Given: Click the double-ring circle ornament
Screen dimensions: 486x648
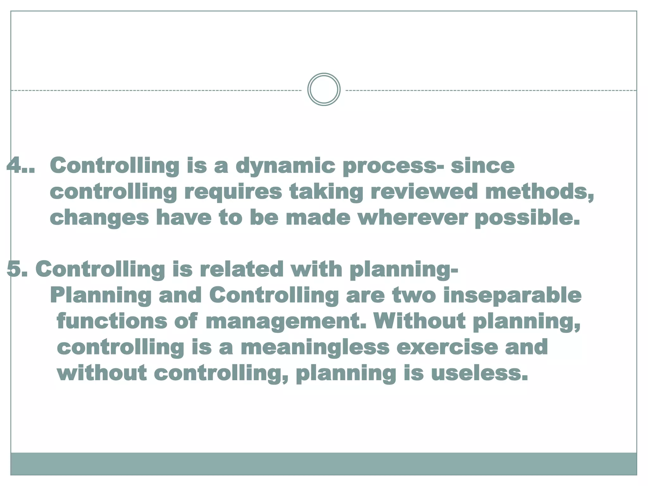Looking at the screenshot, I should click(324, 90).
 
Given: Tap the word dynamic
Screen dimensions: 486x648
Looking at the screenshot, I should click(285, 166).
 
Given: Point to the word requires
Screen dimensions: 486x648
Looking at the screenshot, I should click(233, 192).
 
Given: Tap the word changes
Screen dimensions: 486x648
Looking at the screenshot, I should click(99, 218).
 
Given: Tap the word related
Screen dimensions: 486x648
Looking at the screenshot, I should click(241, 269).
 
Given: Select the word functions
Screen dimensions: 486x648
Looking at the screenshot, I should click(112, 321).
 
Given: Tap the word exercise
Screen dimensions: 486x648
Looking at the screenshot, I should click(446, 347).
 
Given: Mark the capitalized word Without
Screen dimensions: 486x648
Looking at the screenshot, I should click(419, 321).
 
